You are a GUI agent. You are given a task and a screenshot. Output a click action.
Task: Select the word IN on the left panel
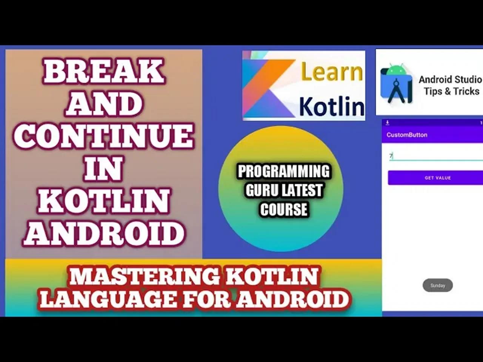[103, 169]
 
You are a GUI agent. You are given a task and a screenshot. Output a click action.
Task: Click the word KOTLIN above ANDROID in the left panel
[103, 201]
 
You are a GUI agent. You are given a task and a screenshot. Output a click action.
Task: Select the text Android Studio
[450, 80]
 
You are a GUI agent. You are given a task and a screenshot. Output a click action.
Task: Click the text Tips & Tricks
[451, 91]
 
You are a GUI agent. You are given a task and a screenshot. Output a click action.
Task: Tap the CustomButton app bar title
[407, 135]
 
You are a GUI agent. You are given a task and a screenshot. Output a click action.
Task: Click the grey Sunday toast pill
[438, 285]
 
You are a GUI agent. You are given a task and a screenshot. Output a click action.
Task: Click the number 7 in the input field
[391, 155]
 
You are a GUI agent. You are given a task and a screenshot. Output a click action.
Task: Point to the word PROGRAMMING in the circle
[283, 172]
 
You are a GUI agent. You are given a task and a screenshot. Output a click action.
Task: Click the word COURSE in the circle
[283, 209]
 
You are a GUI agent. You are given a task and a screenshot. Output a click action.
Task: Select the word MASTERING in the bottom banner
[144, 276]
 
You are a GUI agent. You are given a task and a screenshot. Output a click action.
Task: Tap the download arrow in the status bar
[387, 123]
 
